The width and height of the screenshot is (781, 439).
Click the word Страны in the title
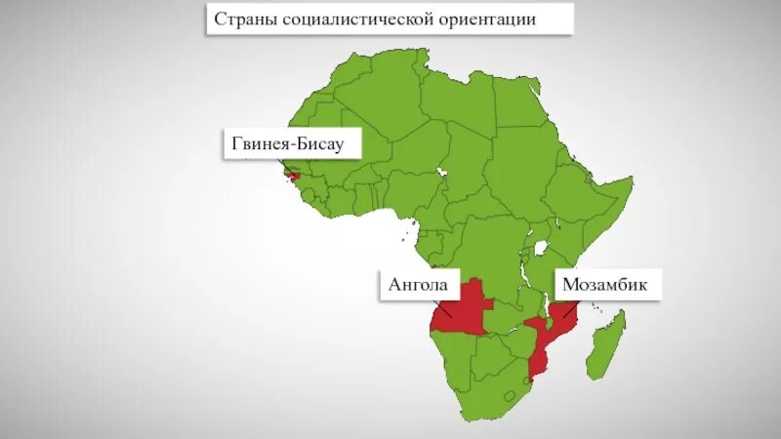click(242, 20)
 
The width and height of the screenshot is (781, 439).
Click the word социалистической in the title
click(349, 20)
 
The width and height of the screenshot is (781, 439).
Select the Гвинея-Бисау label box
click(295, 144)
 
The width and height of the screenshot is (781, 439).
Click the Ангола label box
click(418, 285)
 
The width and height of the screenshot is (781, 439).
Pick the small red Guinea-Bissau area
click(293, 176)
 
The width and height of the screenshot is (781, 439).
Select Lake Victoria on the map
click(535, 247)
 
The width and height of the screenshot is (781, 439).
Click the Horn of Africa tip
click(629, 182)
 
